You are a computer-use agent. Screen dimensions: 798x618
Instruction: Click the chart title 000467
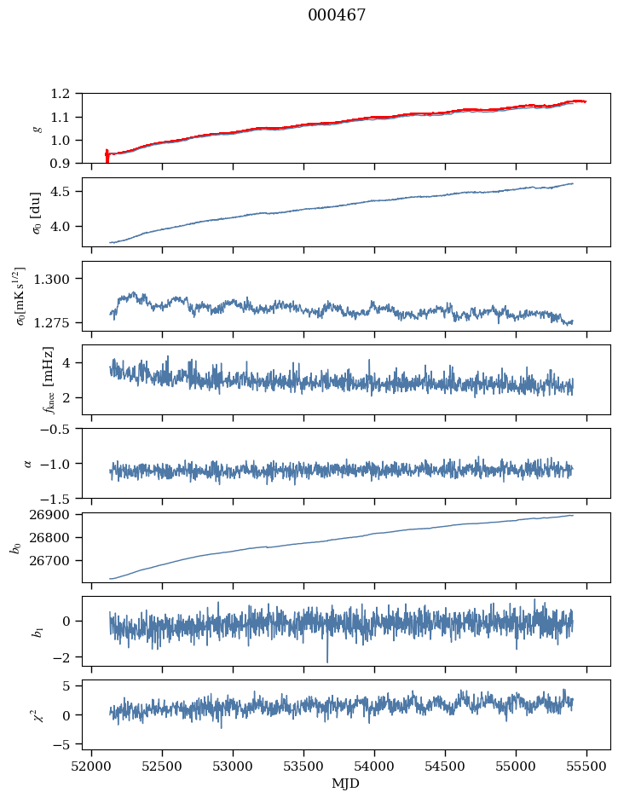337,15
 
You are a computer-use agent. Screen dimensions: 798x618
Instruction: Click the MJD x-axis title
345,784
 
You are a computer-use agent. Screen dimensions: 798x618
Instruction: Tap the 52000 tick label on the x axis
92,766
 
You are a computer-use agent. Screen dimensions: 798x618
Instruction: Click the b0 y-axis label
15,546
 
